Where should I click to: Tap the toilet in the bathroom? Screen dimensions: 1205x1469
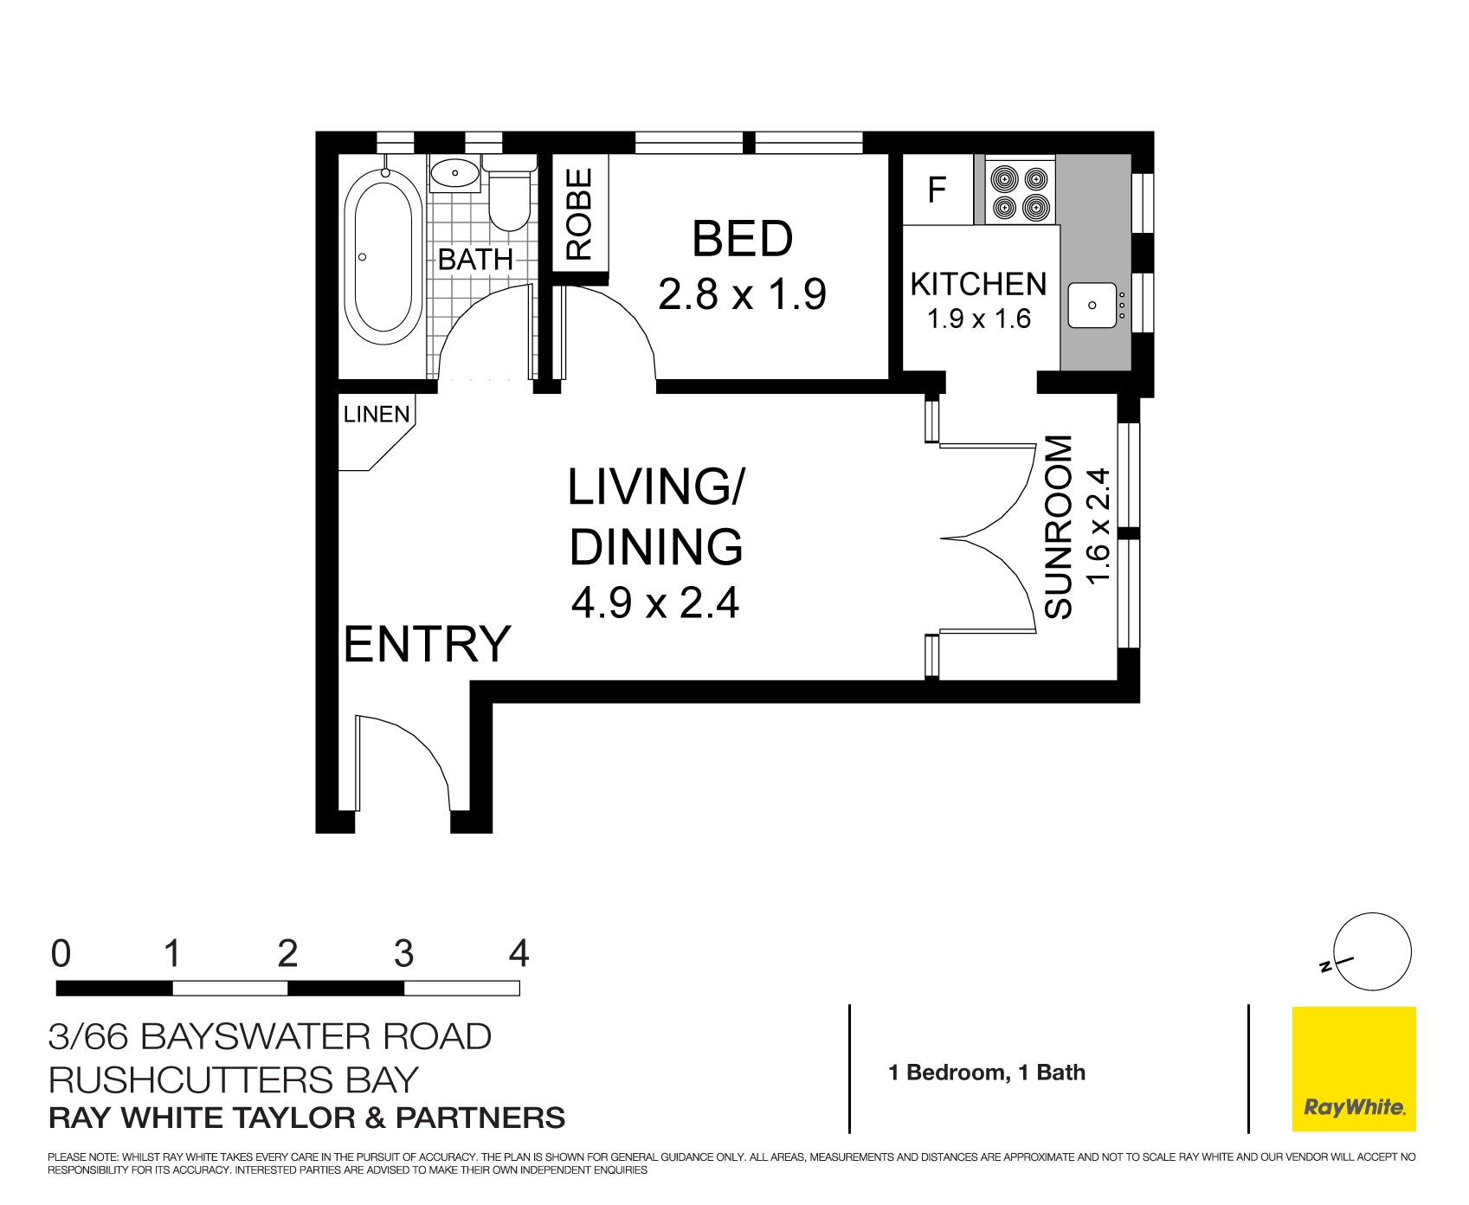pos(509,197)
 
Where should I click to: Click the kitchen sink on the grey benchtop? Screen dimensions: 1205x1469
pos(1092,305)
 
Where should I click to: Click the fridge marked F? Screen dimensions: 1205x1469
pos(937,190)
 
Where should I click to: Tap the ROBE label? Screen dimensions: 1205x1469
pos(579,215)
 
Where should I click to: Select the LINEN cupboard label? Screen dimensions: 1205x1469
pos(377,415)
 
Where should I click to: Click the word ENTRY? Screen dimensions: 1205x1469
pos(428,644)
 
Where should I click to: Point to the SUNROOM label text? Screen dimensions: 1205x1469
pos(1058,527)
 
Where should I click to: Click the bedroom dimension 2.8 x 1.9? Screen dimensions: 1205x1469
pos(742,294)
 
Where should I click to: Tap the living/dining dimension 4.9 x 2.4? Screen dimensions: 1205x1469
pos(655,602)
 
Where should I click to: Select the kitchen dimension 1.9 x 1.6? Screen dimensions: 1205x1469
pos(978,319)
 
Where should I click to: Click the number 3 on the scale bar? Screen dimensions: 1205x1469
pos(403,955)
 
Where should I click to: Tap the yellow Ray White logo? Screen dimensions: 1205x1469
pos(1353,1069)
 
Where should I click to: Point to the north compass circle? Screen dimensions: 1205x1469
pos(1372,951)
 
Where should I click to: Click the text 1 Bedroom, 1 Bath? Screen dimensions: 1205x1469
pos(987,1073)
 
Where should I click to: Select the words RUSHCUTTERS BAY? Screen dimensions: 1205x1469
pos(234,1079)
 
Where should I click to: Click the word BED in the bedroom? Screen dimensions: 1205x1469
pos(742,239)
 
